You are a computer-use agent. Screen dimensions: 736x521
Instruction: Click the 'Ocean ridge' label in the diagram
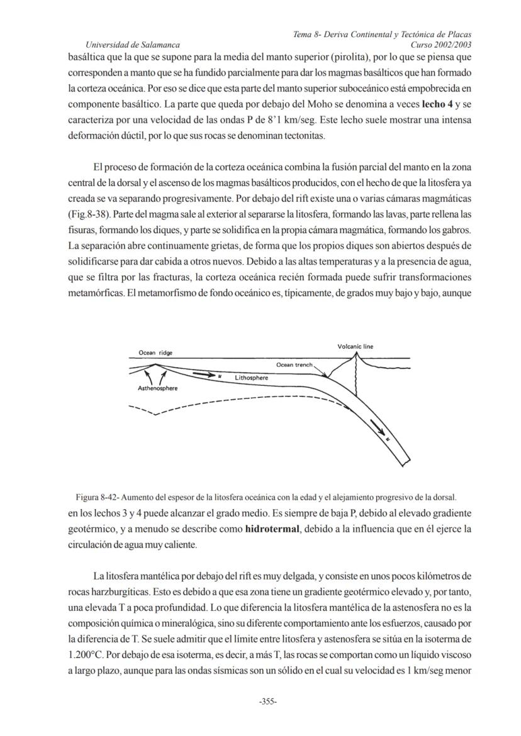[x=155, y=353]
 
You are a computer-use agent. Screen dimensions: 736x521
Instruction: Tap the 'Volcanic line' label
[x=355, y=346]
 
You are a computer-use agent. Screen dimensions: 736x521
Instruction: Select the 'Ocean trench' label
[x=296, y=365]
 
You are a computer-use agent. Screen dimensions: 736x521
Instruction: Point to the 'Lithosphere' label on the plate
[x=251, y=378]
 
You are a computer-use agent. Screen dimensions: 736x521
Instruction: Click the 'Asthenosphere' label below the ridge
[x=157, y=388]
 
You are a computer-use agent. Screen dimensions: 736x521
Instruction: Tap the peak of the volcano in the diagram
[x=356, y=353]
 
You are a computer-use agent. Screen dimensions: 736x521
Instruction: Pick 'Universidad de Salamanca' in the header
[x=133, y=45]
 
